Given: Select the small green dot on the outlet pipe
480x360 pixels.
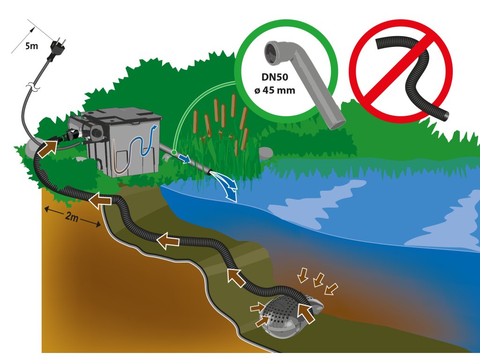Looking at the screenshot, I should [x=174, y=153].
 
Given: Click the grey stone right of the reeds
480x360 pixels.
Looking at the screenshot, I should [x=265, y=153].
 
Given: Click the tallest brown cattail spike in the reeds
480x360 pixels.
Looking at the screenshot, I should [x=233, y=106].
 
